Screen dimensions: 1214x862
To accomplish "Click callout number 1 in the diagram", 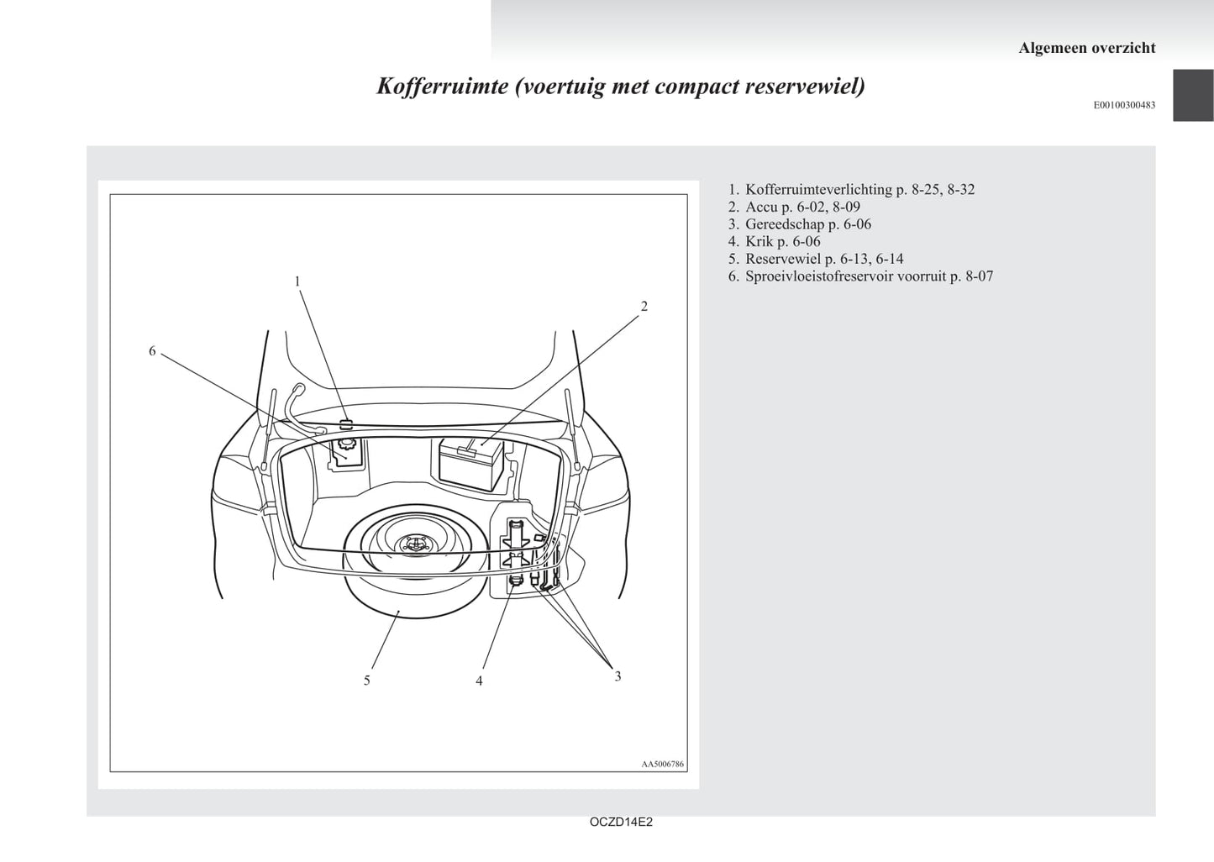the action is coord(297,281).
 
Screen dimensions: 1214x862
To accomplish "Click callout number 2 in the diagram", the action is coord(644,307).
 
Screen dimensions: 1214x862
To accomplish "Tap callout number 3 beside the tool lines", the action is coord(618,676).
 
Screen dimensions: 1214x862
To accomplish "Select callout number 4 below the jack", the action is coord(479,681).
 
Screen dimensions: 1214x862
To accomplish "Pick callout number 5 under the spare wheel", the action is coord(367,681).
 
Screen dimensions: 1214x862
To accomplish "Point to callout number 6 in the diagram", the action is coord(152,351).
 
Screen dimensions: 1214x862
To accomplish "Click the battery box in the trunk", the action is coord(470,464).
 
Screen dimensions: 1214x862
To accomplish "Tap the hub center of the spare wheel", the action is coord(416,544).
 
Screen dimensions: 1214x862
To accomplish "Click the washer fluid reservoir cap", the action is coord(344,445).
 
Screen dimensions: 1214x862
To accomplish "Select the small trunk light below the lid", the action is coord(345,424).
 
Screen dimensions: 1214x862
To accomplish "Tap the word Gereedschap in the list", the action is coord(785,224).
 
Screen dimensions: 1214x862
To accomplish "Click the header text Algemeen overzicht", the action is coord(1086,48).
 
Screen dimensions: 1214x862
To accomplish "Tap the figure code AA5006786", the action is coord(663,764).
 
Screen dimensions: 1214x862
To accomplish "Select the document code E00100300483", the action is coord(1124,105).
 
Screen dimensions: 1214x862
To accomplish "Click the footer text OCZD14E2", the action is coord(621,822).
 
